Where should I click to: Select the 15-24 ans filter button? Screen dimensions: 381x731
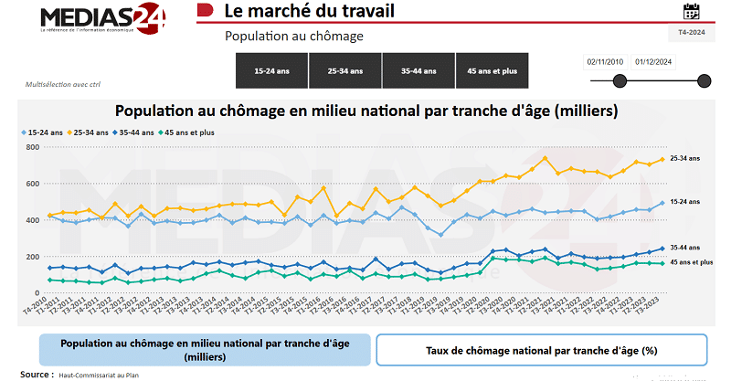tap(271, 70)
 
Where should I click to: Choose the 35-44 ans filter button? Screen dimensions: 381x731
tap(418, 70)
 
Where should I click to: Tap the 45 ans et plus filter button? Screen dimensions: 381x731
tap(492, 70)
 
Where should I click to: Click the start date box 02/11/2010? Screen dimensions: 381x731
tap(605, 62)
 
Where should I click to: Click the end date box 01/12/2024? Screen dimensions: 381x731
tap(654, 62)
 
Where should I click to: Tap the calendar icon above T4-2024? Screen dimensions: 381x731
tap(692, 12)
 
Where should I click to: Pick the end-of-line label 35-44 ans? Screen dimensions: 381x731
tap(684, 247)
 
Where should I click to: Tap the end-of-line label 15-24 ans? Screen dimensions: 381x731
tap(684, 201)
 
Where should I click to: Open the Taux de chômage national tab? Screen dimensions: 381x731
tap(542, 350)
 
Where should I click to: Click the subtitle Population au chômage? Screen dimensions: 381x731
tap(294, 37)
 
